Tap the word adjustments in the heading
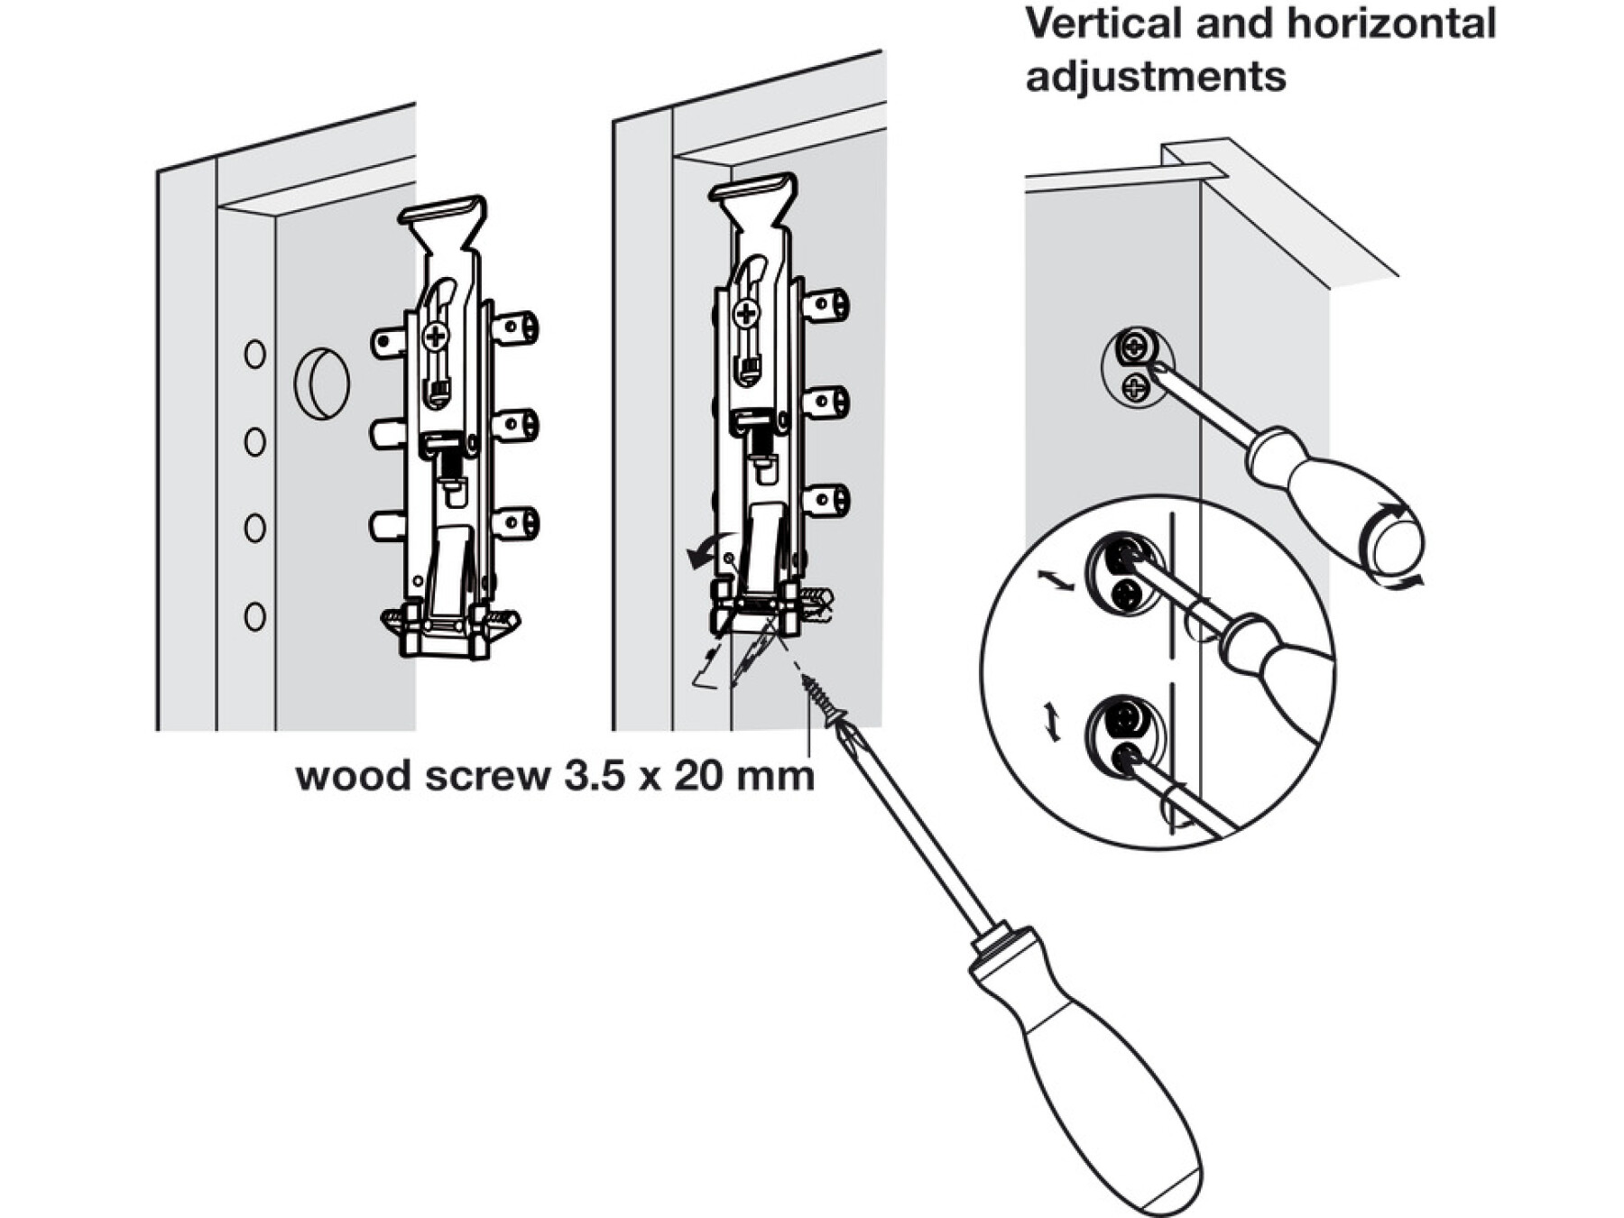tap(1156, 78)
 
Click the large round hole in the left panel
tap(321, 383)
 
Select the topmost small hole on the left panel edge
tap(255, 354)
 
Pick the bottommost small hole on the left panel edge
tap(255, 617)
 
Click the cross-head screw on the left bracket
tap(436, 337)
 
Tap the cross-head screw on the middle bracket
tap(746, 314)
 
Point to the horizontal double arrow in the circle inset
tap(1056, 581)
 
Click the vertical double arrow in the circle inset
tap(1052, 722)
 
